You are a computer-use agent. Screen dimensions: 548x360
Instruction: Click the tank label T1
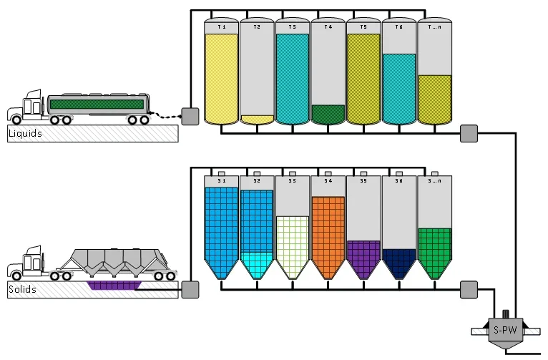(x=222, y=27)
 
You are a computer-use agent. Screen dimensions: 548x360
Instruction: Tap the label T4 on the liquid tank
(x=328, y=27)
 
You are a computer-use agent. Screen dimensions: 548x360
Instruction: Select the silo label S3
(x=292, y=180)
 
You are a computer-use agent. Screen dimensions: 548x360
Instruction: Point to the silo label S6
(x=398, y=180)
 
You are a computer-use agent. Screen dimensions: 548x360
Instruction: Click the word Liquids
(x=25, y=133)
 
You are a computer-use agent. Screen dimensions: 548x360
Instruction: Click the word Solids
(x=22, y=289)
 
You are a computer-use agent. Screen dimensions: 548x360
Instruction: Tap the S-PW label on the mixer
(x=505, y=330)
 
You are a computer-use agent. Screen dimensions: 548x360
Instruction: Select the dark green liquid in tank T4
(x=328, y=114)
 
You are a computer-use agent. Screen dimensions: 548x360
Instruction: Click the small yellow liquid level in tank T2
(x=258, y=120)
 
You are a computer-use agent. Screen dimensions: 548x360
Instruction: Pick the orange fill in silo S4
(x=328, y=234)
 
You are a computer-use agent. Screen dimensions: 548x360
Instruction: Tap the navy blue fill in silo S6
(x=398, y=261)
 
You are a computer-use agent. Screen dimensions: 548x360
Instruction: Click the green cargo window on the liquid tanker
(x=97, y=104)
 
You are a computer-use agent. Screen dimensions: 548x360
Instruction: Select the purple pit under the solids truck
(x=114, y=285)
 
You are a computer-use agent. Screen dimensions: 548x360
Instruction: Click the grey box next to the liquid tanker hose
(x=190, y=117)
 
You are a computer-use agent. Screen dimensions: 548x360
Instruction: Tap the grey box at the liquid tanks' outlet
(x=469, y=134)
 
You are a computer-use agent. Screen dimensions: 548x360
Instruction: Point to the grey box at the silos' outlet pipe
(x=469, y=290)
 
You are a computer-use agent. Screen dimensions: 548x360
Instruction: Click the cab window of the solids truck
(x=36, y=263)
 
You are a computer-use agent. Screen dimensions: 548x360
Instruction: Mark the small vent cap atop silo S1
(x=222, y=174)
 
